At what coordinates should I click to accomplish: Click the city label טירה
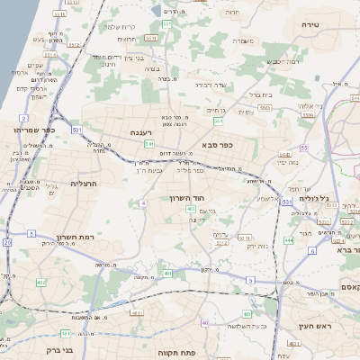click(311, 24)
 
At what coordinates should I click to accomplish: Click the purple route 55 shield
click(304, 148)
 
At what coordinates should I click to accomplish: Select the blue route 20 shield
click(6, 242)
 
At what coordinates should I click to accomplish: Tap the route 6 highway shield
click(312, 251)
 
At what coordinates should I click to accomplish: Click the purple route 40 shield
click(205, 322)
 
